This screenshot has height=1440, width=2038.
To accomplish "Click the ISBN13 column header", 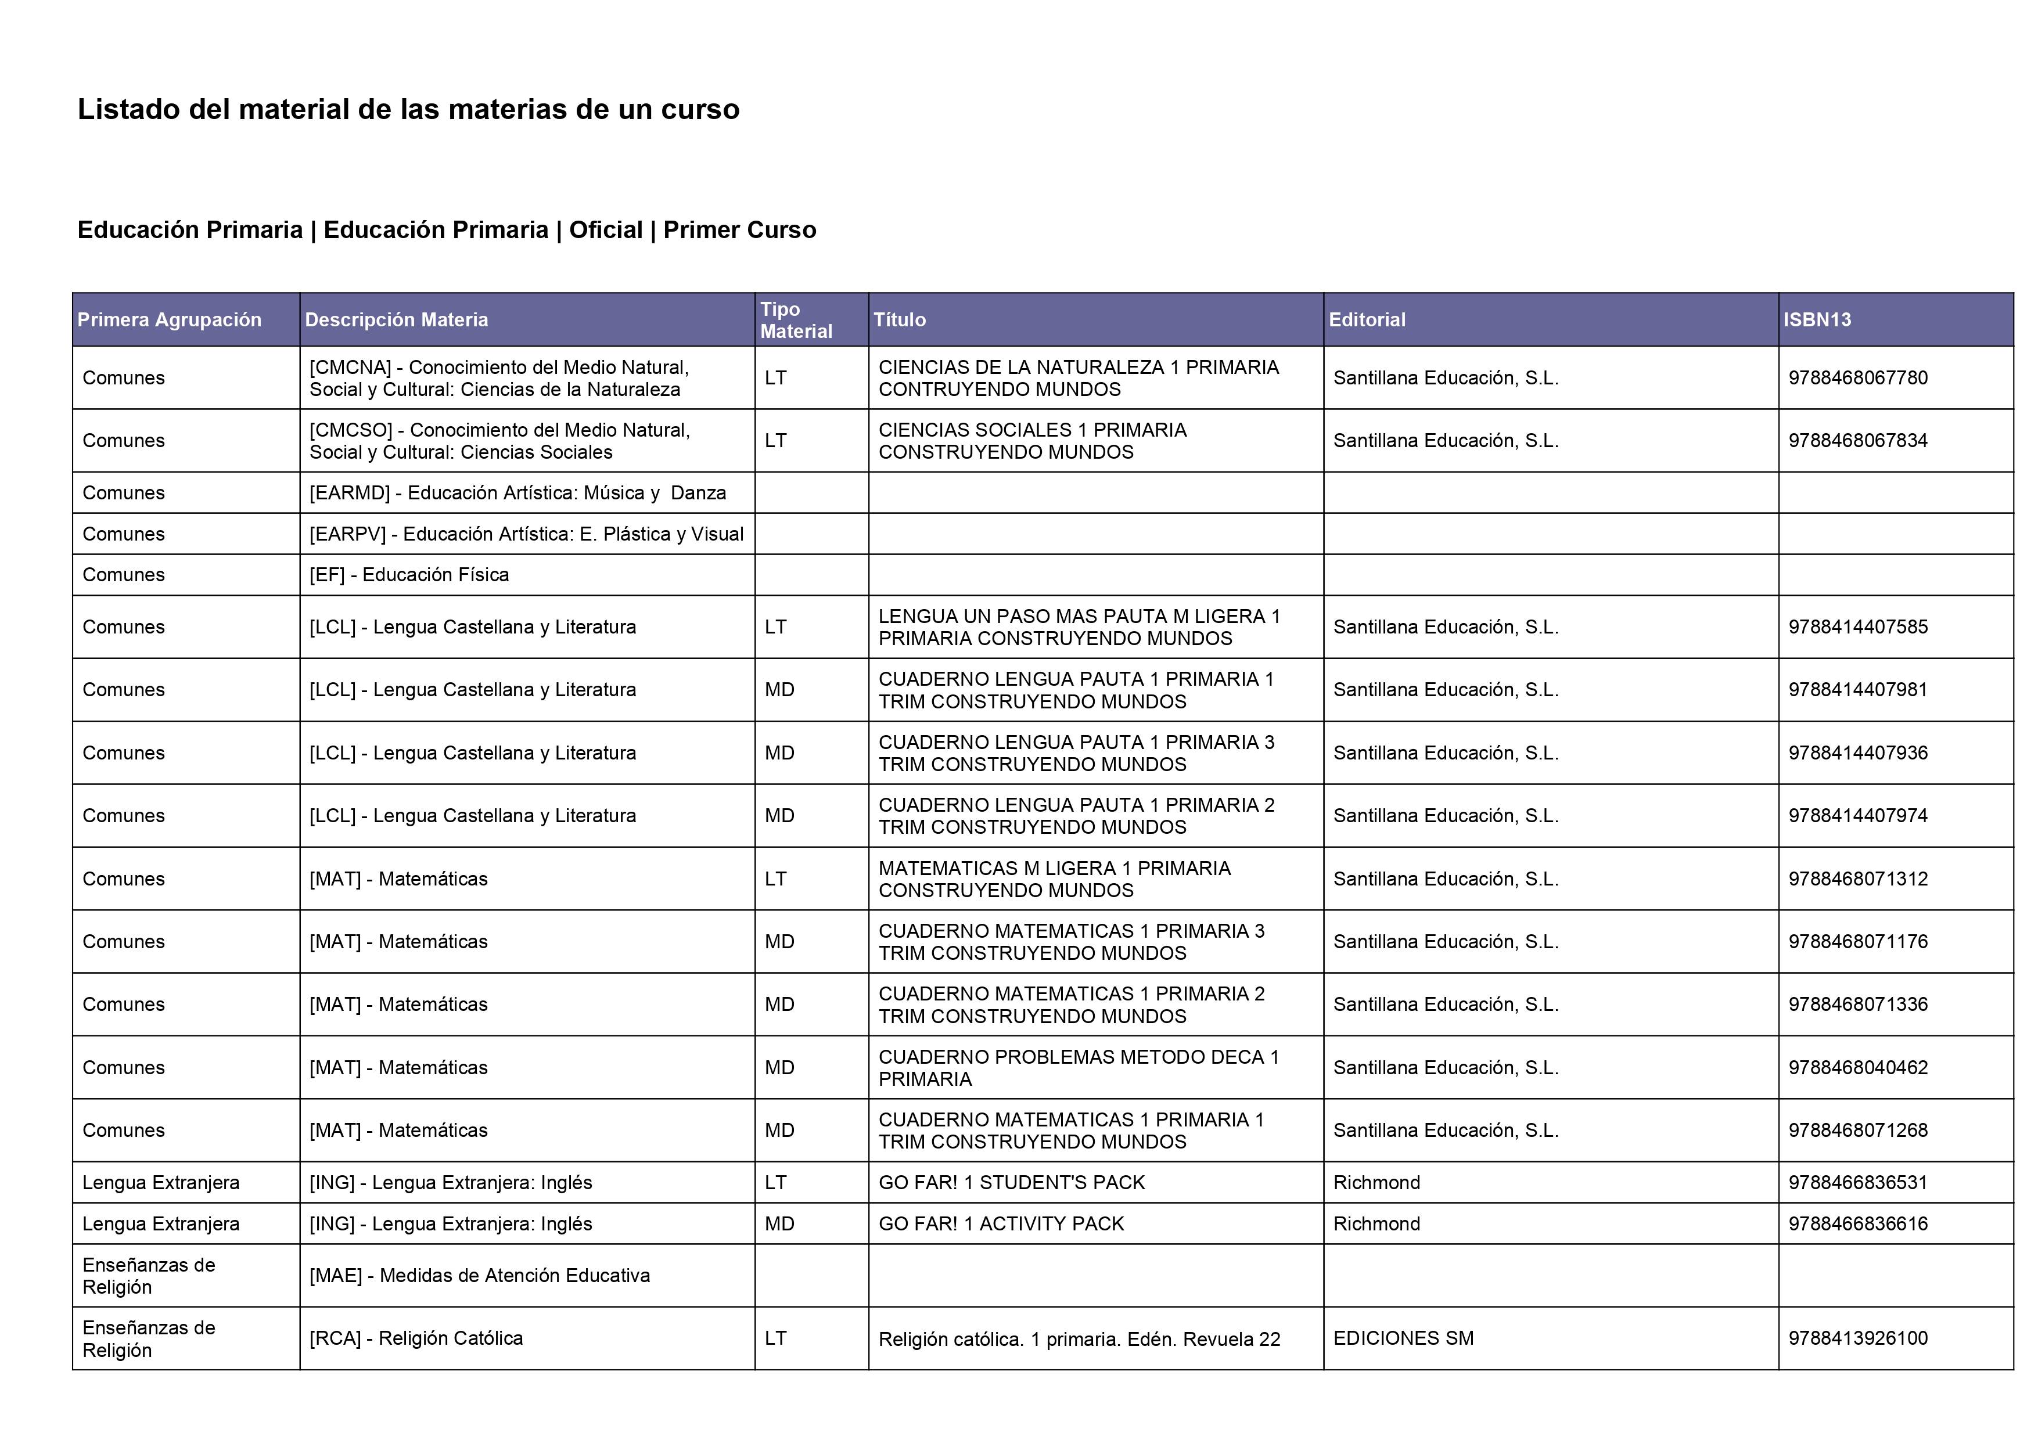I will coord(1816,319).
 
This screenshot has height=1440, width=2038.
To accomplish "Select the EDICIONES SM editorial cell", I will coord(1403,1338).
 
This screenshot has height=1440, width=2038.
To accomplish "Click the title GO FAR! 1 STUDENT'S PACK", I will coord(1011,1183).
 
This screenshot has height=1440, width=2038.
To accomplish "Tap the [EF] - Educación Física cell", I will coord(409,575).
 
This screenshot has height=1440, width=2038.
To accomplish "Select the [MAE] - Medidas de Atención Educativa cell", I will coord(479,1276).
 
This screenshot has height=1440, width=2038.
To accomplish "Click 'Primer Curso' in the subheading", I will coord(739,230).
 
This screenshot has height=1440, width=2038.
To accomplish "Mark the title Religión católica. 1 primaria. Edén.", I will coord(1079,1339).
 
